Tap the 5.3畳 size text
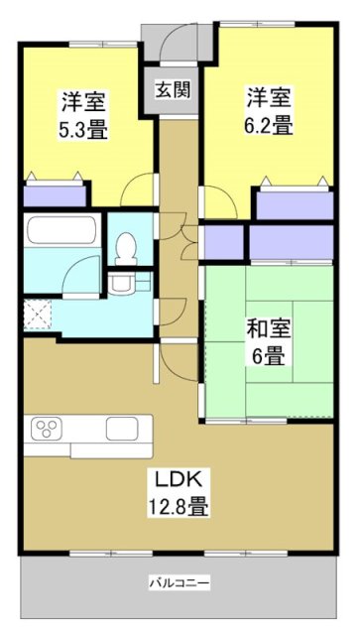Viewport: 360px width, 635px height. click(x=84, y=129)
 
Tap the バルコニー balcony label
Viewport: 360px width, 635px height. click(x=179, y=581)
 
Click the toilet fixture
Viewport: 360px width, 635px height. click(x=126, y=248)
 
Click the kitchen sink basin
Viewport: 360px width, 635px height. click(x=123, y=430)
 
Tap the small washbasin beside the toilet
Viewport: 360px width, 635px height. click(x=122, y=284)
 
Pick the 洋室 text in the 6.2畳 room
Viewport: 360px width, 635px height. click(x=270, y=99)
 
